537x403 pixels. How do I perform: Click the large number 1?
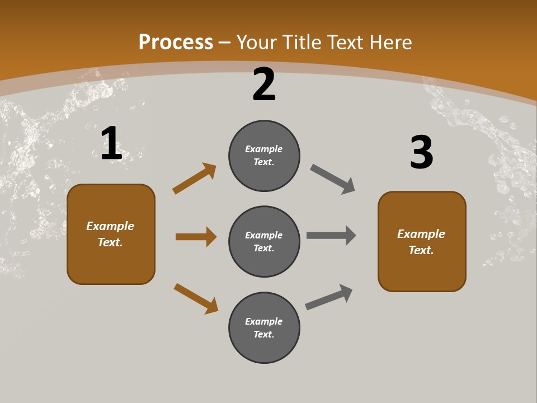pyautogui.click(x=111, y=144)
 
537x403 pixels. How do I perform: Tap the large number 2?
pyautogui.click(x=264, y=85)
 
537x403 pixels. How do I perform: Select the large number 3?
pyautogui.click(x=421, y=152)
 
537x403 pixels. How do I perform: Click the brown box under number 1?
pyautogui.click(x=111, y=234)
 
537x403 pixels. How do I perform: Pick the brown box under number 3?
pyautogui.click(x=422, y=242)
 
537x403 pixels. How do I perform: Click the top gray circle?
pyautogui.click(x=264, y=156)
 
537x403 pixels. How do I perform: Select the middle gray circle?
pyautogui.click(x=264, y=241)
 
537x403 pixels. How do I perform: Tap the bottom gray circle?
pyautogui.click(x=264, y=327)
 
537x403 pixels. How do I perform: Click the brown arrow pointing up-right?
pyautogui.click(x=194, y=178)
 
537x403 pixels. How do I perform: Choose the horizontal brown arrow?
pyautogui.click(x=196, y=237)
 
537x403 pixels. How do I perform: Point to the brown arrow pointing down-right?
pyautogui.click(x=196, y=298)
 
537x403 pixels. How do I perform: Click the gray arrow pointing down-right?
pyautogui.click(x=333, y=179)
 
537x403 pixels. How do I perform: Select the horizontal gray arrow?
pyautogui.click(x=331, y=235)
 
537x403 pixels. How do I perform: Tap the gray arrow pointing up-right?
pyautogui.click(x=329, y=297)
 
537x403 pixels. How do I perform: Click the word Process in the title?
pyautogui.click(x=176, y=42)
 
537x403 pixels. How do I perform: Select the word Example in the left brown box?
pyautogui.click(x=110, y=226)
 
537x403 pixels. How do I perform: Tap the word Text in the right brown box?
pyautogui.click(x=421, y=250)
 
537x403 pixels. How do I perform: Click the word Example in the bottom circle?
pyautogui.click(x=264, y=321)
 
